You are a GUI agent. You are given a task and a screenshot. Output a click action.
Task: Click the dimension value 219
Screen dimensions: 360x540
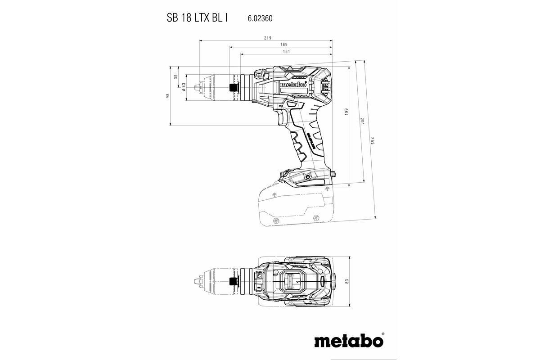coord(268,38)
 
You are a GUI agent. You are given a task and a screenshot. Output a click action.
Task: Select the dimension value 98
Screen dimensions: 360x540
coord(167,95)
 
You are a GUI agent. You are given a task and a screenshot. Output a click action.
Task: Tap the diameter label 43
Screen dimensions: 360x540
coord(184,86)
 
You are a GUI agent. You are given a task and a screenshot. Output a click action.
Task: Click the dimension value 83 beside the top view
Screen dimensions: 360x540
coord(347,281)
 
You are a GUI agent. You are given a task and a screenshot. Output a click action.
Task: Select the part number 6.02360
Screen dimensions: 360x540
coord(260,18)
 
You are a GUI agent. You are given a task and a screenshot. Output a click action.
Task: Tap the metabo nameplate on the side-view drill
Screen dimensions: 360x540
coord(293,85)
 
